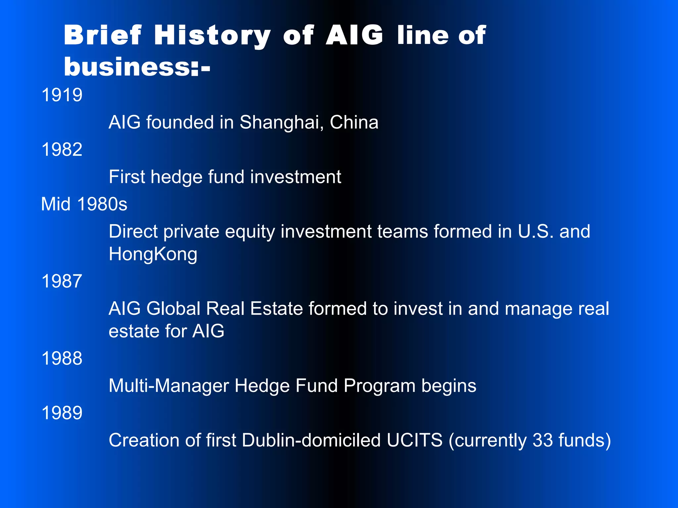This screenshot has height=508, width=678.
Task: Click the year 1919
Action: point(62,95)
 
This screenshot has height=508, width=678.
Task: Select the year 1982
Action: point(62,149)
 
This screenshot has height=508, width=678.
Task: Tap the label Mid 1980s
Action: point(84,204)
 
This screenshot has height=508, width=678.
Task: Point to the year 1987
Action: point(62,281)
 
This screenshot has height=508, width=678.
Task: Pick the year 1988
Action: point(62,359)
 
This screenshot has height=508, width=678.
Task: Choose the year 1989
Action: point(62,413)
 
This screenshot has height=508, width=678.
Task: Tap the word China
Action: point(354,122)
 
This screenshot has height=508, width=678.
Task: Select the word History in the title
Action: point(212,36)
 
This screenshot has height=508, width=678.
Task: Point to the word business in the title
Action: point(127,67)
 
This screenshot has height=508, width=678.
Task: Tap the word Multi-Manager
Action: point(169,386)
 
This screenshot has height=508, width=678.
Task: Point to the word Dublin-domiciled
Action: point(311,441)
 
